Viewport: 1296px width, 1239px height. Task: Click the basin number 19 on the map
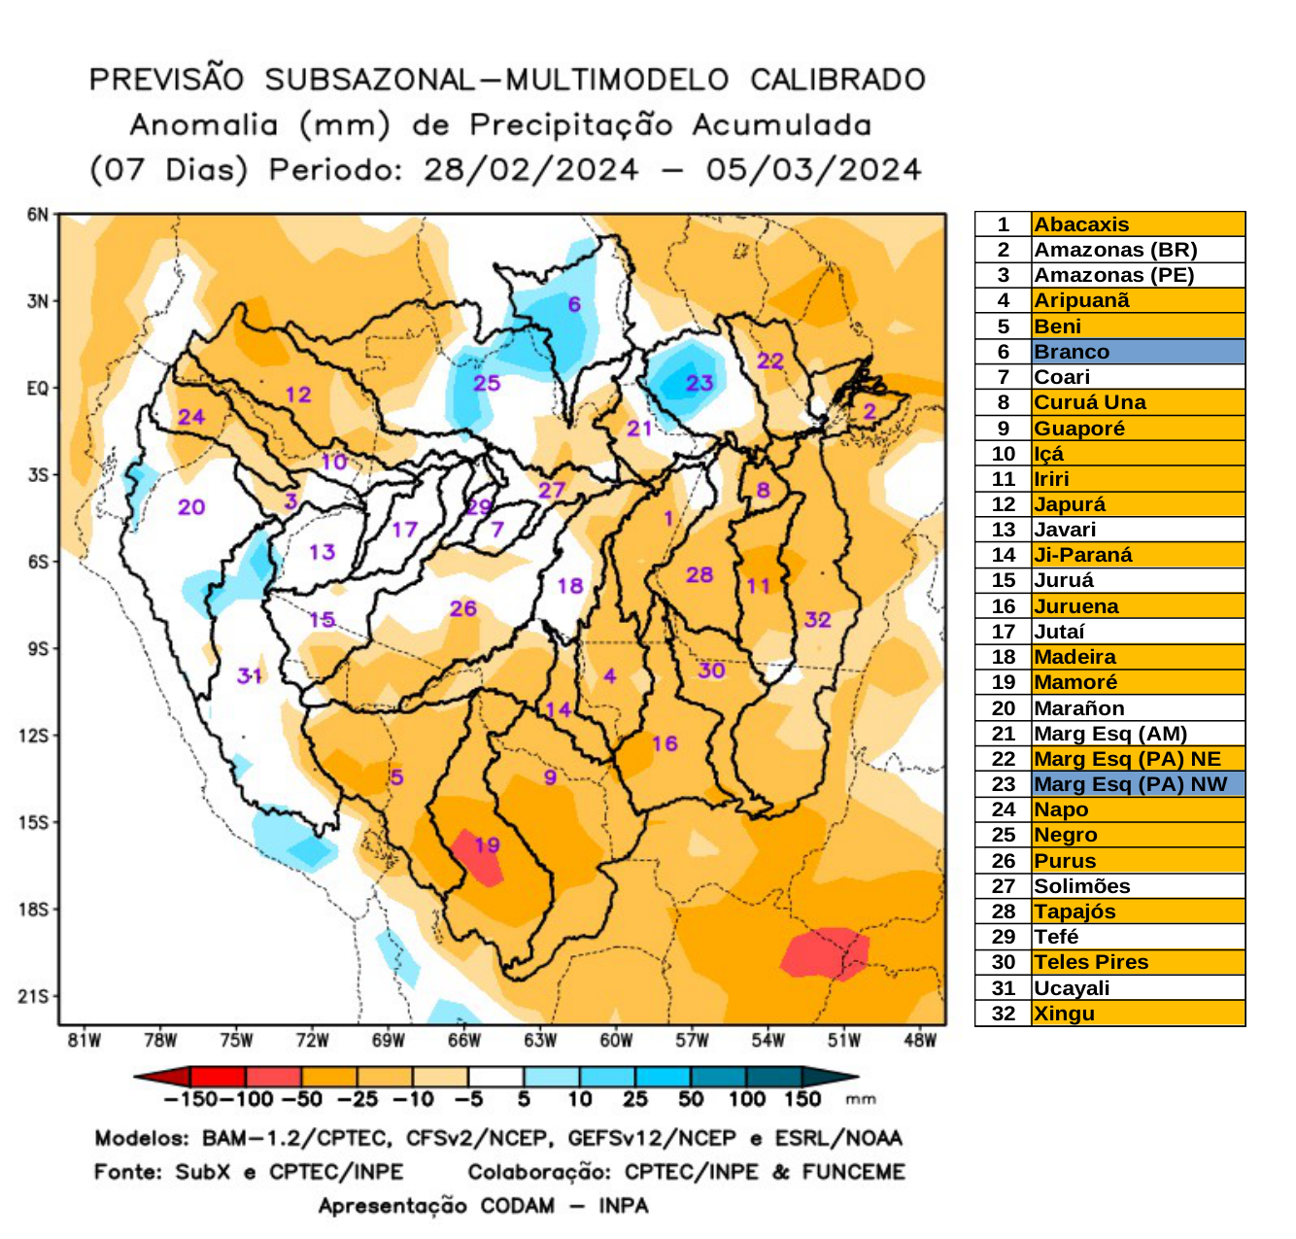pos(487,845)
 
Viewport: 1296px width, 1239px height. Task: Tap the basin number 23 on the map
pos(699,383)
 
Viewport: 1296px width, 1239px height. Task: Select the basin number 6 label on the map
pos(574,304)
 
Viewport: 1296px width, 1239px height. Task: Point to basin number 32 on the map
pos(817,620)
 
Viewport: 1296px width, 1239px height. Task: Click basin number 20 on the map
pos(191,506)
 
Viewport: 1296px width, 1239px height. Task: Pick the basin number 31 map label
pos(250,675)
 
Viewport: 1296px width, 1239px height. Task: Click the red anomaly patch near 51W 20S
pos(824,953)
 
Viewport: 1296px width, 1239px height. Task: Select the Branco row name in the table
pos(1071,352)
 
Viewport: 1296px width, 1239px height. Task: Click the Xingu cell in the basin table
pos(1064,1014)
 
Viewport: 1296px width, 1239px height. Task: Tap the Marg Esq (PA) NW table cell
pos(1130,784)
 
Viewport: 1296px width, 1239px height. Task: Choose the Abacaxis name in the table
pos(1081,224)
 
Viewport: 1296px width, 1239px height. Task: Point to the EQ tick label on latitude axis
pos(37,389)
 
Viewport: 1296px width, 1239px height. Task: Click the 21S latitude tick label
pos(34,996)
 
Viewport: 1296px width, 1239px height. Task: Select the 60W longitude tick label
pos(616,1041)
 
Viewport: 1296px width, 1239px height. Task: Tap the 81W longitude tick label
pos(85,1041)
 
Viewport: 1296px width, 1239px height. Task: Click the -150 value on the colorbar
pos(190,1099)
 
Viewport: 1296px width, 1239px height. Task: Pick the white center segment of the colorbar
pos(495,1077)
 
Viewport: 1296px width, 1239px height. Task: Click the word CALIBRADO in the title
pos(837,80)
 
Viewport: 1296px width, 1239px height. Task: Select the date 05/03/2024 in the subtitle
pos(813,170)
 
